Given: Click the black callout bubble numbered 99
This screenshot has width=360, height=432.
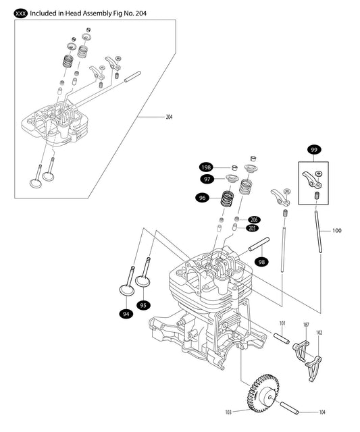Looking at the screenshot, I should (x=313, y=149).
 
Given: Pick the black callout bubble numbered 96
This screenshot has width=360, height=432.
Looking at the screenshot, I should (x=201, y=198).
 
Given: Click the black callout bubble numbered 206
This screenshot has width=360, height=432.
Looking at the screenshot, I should (x=253, y=219).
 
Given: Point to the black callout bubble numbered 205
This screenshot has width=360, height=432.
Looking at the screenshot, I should (x=253, y=228).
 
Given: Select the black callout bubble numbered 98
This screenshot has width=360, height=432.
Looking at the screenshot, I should (x=261, y=261).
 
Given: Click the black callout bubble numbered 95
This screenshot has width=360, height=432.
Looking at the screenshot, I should (x=143, y=304).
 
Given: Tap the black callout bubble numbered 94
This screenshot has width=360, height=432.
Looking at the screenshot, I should (x=125, y=313).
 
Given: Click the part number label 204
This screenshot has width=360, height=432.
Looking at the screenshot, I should (x=170, y=117).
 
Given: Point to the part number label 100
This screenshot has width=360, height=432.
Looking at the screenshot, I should (x=337, y=231).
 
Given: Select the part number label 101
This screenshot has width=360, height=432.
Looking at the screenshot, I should (x=283, y=324).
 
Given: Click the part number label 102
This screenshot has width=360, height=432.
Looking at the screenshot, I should (x=319, y=332).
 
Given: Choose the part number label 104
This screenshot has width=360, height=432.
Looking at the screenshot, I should (x=322, y=411).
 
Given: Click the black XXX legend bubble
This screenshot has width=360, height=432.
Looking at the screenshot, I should (x=21, y=12).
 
